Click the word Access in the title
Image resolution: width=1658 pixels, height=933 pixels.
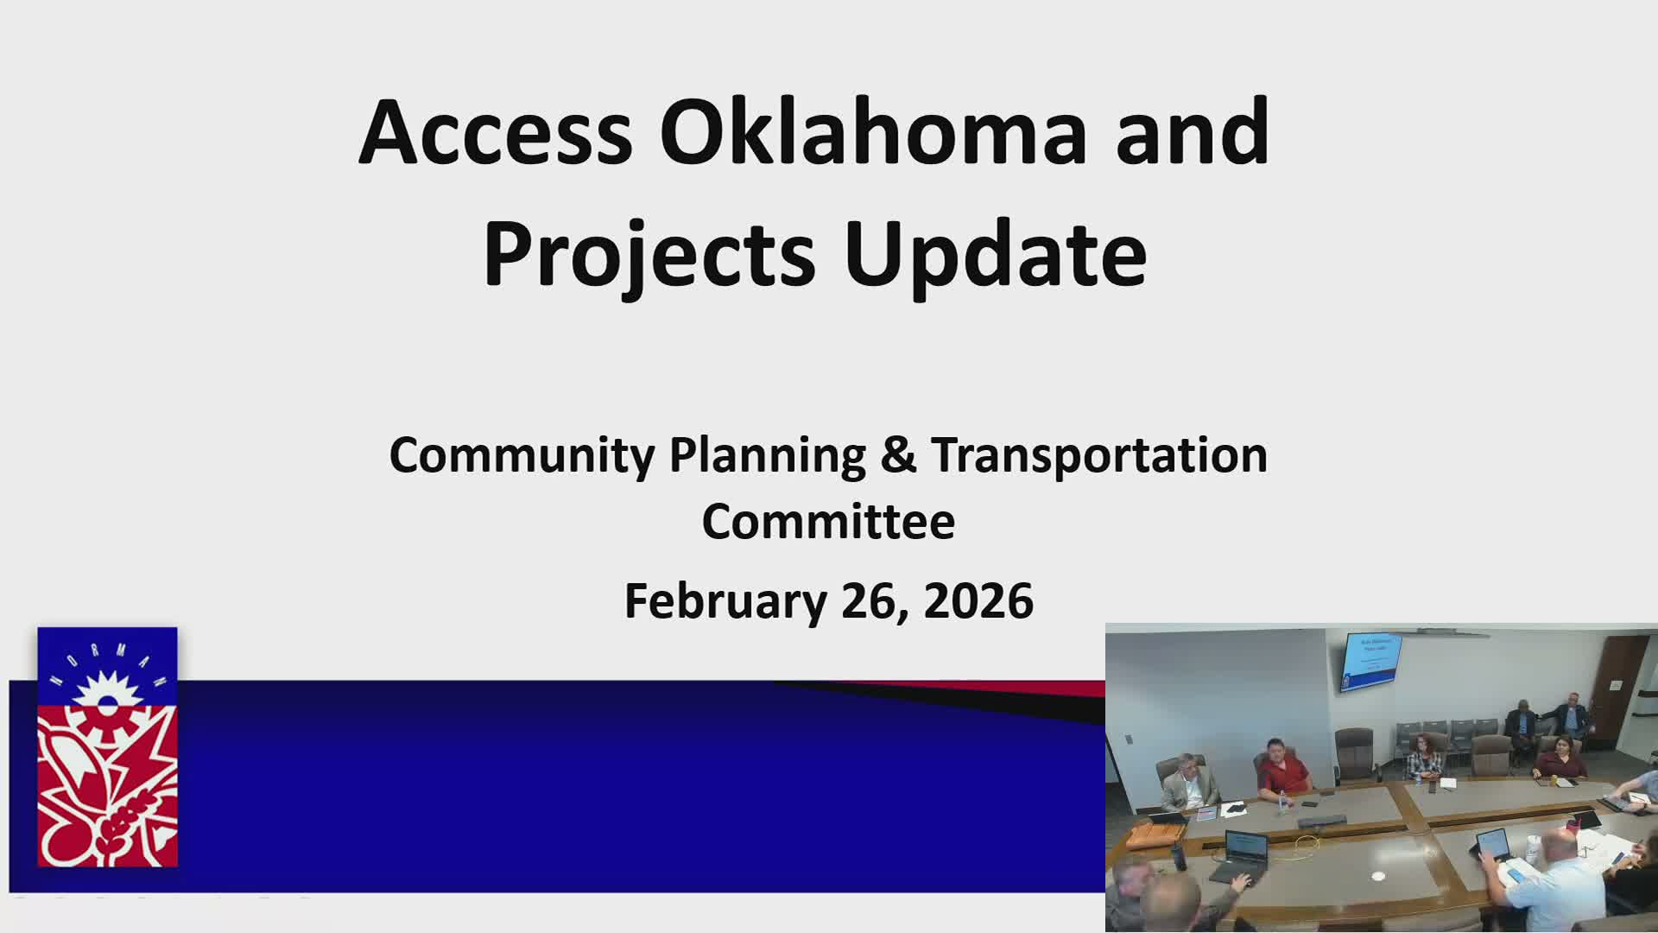point(496,134)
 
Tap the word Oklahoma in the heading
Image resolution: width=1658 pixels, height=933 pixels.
point(872,134)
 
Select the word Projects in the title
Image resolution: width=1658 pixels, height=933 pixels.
point(649,255)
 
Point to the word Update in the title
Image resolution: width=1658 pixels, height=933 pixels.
point(996,255)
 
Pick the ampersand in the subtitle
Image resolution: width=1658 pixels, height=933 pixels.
point(898,455)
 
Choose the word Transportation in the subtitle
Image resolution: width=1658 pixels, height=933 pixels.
point(1099,455)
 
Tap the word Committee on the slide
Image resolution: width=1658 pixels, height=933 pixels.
point(828,522)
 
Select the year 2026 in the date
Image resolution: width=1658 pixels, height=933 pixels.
point(978,600)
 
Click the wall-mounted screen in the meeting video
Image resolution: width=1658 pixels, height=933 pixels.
point(1370,661)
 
